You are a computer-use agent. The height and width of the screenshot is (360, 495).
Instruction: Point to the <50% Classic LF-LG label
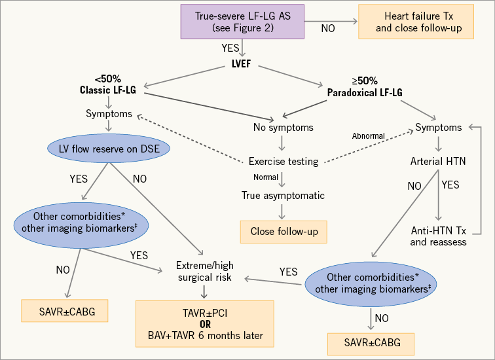[x=106, y=83]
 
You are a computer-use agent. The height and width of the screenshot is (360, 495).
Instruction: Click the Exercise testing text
[x=282, y=161]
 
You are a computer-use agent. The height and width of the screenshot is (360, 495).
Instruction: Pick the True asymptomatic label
[x=282, y=195]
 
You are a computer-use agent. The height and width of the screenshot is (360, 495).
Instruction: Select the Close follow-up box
[x=283, y=231]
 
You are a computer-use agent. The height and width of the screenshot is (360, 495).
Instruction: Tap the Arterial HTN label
[x=438, y=161]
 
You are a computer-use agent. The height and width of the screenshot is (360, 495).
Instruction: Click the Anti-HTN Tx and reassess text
[x=439, y=236]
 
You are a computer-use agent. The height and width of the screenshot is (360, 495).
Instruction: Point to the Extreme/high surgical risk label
[x=204, y=272]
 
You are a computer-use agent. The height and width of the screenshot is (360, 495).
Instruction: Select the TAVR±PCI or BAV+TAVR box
[x=204, y=324]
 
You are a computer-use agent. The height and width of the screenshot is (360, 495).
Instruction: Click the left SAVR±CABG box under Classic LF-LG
[x=64, y=312]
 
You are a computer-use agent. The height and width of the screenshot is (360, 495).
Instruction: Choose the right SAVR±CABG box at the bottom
[x=371, y=342]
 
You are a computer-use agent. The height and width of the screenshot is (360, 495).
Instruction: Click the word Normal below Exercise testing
[x=265, y=177]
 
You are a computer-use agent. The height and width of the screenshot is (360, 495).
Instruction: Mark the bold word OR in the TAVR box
[x=204, y=324]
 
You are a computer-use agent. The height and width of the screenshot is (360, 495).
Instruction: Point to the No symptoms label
[x=282, y=128]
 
